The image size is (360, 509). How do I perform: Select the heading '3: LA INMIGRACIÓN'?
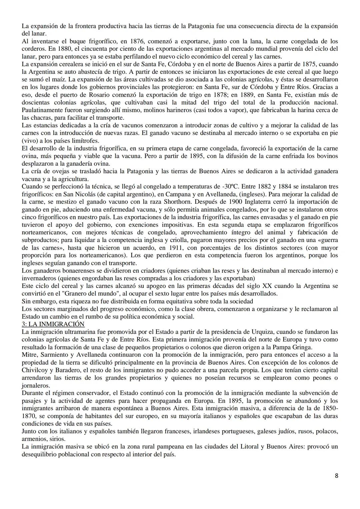pyautogui.click(x=53, y=324)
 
